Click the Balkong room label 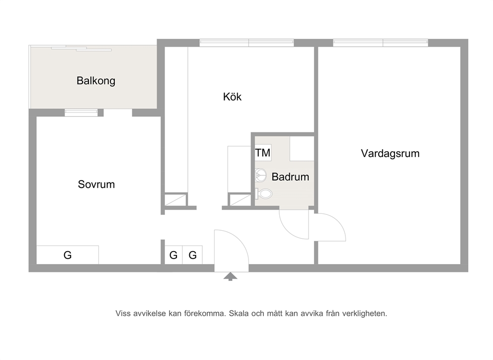click(96, 81)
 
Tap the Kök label click(232, 96)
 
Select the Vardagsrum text click(390, 153)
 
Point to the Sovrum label click(96, 184)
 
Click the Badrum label click(290, 177)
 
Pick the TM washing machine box click(263, 153)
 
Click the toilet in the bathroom click(263, 193)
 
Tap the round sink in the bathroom click(260, 176)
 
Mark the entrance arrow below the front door click(231, 276)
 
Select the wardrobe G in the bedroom click(68, 255)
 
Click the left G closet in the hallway click(173, 255)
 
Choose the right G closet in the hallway click(192, 255)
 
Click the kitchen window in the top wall click(247, 43)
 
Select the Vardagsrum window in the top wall click(381, 43)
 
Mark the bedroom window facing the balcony click(81, 113)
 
